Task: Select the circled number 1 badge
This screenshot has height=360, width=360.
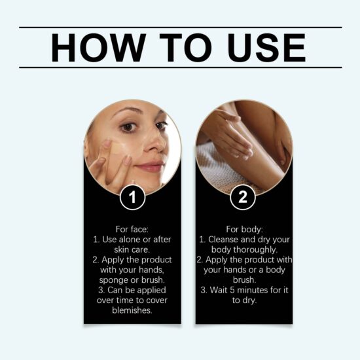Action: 133,197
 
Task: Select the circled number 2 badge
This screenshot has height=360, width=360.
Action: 243,197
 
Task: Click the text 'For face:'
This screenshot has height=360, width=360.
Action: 132,229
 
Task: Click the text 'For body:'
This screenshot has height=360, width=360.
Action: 243,229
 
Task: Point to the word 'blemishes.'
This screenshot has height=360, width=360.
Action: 132,311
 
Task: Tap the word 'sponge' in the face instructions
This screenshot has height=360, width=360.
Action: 117,280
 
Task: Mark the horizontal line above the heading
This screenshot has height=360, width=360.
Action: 180,27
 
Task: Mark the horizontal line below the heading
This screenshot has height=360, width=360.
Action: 180,67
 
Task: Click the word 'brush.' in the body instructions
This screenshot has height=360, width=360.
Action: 243,280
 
